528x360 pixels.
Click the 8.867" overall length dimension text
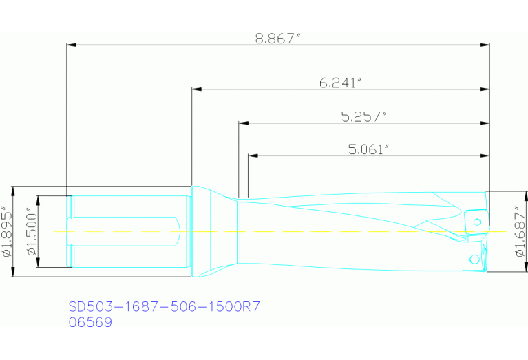point(278,39)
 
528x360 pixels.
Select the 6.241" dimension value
point(340,83)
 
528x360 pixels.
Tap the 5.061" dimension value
point(370,149)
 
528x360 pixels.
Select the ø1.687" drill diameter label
point(520,231)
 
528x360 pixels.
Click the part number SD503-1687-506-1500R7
point(164,306)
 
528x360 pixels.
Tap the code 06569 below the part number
point(90,321)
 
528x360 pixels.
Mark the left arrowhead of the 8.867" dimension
point(71,46)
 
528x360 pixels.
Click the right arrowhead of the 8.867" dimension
point(485,46)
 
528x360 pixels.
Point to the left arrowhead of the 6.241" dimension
point(196,89)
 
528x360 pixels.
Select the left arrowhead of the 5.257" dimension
point(243,124)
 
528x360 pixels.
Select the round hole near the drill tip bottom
point(474,259)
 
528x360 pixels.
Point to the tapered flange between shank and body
point(215,232)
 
